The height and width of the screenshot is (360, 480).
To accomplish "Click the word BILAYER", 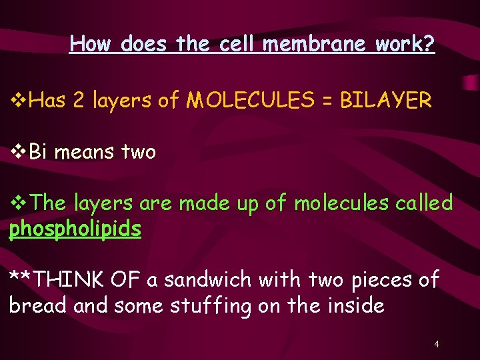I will click(386, 101).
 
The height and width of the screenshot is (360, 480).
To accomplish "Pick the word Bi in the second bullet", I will click(39, 152).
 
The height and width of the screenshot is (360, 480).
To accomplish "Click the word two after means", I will click(138, 153).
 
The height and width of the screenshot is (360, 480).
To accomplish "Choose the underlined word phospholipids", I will click(75, 229).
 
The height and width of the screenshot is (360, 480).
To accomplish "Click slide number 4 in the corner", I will click(436, 345).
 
